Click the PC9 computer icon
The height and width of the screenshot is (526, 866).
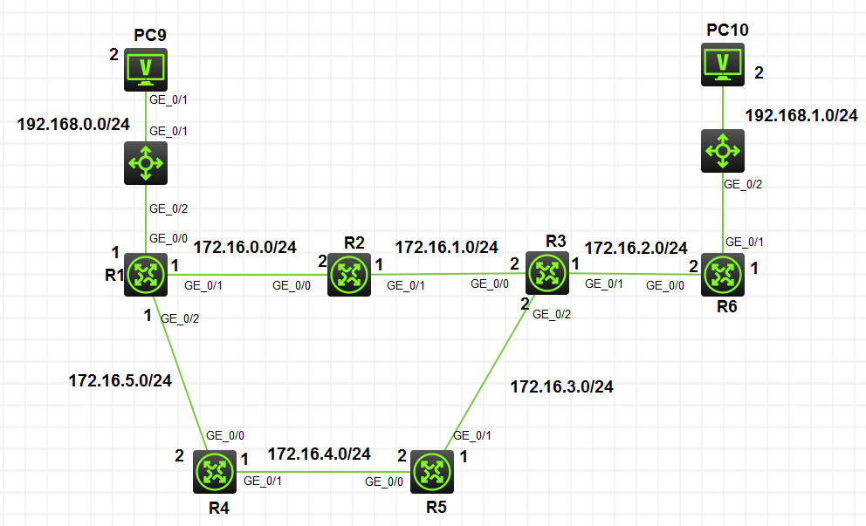click(x=146, y=69)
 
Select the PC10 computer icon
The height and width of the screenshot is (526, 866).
click(x=723, y=65)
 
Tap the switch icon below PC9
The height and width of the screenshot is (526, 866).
click(x=146, y=162)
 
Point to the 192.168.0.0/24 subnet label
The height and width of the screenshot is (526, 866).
click(x=73, y=125)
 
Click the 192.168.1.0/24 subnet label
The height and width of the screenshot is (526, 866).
click(x=801, y=116)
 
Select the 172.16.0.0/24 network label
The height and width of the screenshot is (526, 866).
click(x=244, y=247)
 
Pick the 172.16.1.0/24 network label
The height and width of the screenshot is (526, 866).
click(x=446, y=247)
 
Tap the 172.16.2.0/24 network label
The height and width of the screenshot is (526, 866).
click(x=636, y=248)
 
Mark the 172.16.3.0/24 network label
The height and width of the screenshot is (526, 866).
click(x=561, y=386)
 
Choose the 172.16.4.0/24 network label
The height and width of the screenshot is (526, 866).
click(x=319, y=454)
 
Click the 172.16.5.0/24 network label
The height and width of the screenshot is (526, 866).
click(x=120, y=379)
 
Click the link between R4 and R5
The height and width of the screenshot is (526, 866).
click(x=323, y=472)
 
